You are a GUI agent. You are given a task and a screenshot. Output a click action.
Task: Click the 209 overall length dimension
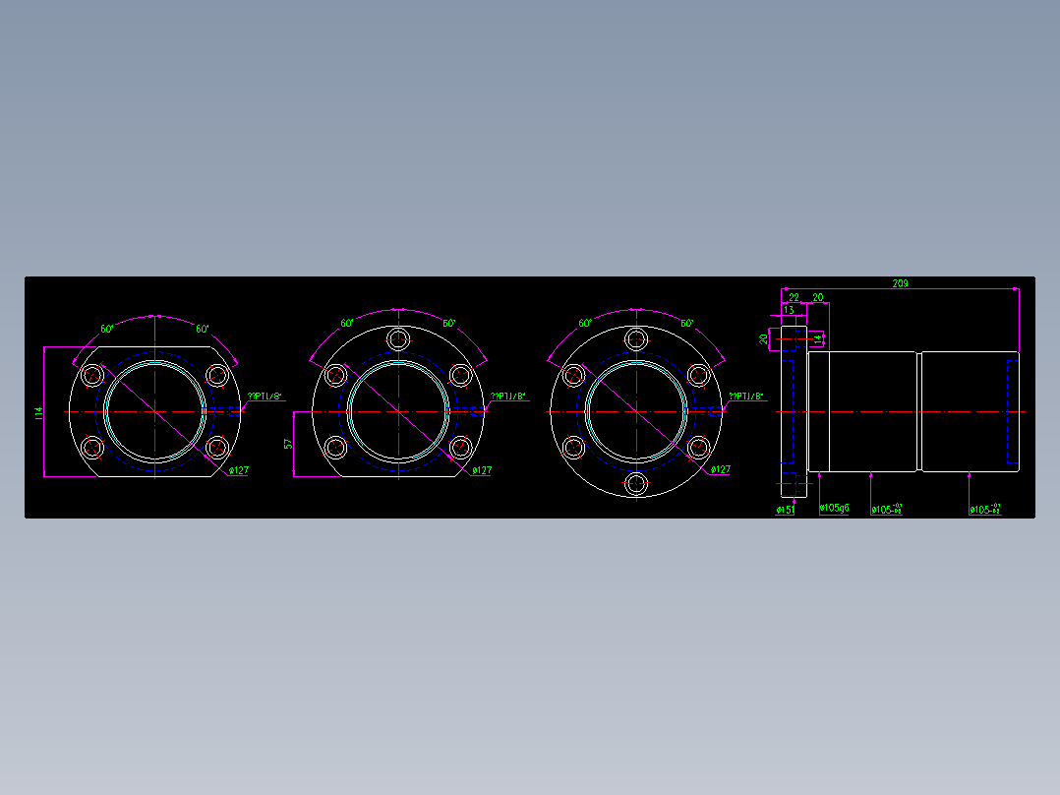click(900, 283)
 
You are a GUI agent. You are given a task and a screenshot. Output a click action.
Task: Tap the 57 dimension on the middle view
click(288, 445)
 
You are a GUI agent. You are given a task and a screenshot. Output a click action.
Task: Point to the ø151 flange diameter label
click(785, 510)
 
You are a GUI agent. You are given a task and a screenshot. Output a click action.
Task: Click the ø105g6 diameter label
click(834, 509)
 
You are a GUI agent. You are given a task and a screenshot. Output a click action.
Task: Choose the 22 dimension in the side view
click(794, 297)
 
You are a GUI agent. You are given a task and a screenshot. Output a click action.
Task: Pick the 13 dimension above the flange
click(789, 309)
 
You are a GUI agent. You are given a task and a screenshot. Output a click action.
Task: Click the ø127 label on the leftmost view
click(238, 470)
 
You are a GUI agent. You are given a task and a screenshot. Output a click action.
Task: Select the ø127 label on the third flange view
click(720, 469)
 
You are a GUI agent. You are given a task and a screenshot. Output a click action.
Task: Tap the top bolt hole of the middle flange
click(398, 339)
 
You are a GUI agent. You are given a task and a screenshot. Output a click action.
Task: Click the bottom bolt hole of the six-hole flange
click(636, 483)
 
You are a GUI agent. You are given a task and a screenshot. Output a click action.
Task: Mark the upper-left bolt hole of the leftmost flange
click(93, 375)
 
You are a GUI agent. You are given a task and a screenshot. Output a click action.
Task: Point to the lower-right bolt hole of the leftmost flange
click(216, 449)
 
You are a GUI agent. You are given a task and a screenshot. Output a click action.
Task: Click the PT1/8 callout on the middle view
click(508, 397)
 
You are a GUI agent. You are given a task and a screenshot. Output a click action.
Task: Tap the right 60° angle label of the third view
click(686, 323)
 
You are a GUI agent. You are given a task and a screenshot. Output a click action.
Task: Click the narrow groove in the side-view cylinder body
click(917, 411)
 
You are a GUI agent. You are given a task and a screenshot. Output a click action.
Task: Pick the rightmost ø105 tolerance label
click(984, 510)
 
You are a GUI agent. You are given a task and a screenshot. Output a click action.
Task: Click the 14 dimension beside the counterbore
click(816, 338)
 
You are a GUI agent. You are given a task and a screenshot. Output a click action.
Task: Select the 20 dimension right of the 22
click(817, 297)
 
